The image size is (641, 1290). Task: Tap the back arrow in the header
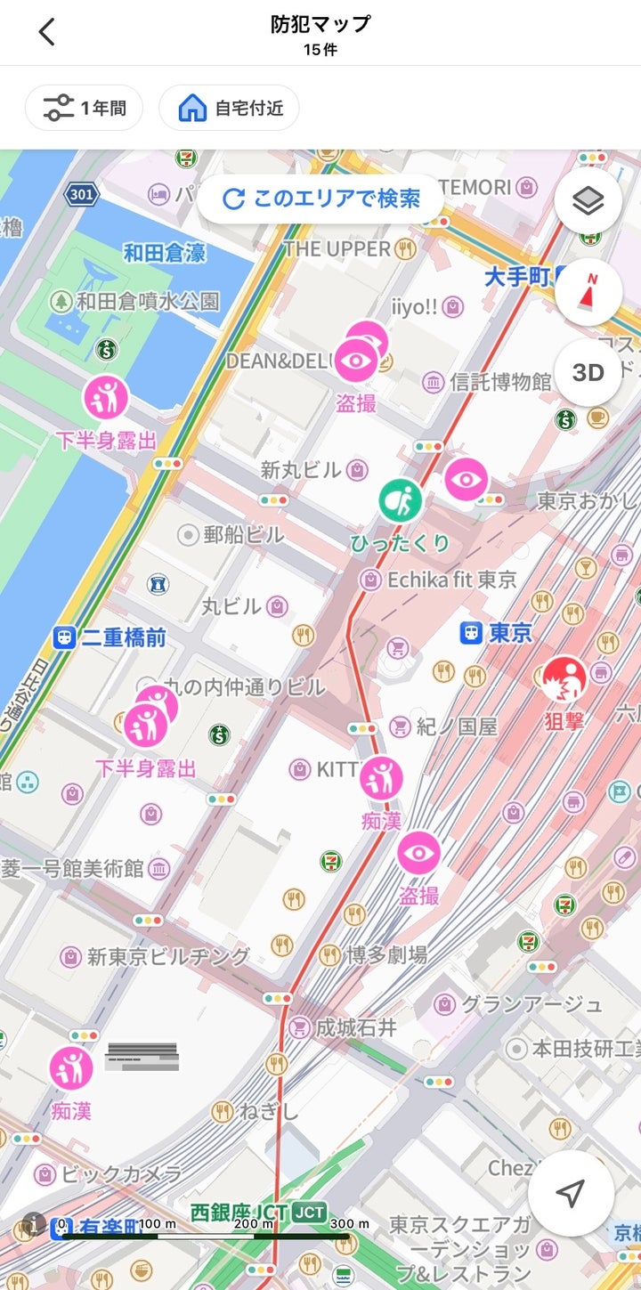(47, 32)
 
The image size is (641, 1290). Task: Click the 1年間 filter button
(84, 109)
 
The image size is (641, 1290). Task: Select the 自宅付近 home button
(230, 109)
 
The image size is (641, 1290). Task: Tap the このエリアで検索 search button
(320, 199)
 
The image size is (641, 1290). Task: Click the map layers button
(588, 201)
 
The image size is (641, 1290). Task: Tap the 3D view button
(588, 372)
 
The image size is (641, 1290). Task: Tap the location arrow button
(571, 1194)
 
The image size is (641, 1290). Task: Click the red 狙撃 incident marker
(564, 680)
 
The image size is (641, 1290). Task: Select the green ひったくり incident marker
(401, 501)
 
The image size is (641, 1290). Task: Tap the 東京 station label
(509, 633)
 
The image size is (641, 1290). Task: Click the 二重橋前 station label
(123, 637)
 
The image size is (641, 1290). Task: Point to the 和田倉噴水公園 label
(147, 301)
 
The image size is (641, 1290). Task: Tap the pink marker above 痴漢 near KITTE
(381, 779)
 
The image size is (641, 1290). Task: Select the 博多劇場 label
(386, 955)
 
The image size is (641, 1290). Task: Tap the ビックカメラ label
(121, 1173)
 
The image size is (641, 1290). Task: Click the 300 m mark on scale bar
(349, 1224)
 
